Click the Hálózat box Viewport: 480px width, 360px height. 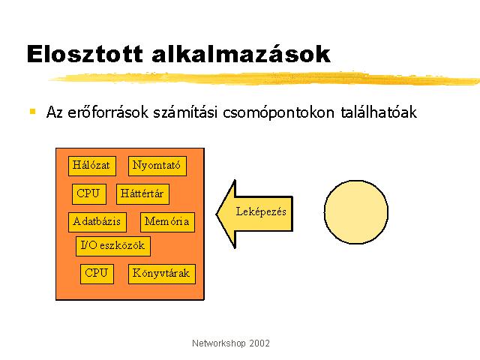click(x=92, y=166)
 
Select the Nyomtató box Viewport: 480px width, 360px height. click(x=157, y=166)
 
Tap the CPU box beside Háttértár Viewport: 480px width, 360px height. click(x=89, y=194)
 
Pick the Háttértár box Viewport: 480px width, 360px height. click(x=142, y=194)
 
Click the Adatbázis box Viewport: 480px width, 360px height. click(x=97, y=222)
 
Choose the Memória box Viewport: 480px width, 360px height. click(x=167, y=222)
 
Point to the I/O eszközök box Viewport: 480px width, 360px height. click(x=113, y=246)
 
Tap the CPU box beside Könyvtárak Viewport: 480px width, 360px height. click(x=97, y=274)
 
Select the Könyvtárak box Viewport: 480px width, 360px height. click(x=162, y=274)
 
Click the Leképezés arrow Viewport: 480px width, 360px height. click(x=254, y=214)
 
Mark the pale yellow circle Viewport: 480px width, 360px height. click(x=356, y=211)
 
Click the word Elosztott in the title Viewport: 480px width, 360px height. click(x=85, y=54)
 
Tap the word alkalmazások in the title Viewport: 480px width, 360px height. click(x=241, y=54)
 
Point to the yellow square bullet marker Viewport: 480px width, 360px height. click(x=33, y=111)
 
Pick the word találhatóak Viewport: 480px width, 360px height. click(x=379, y=112)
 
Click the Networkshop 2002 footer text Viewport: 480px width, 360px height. click(x=231, y=343)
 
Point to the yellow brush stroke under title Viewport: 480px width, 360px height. click(x=265, y=79)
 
